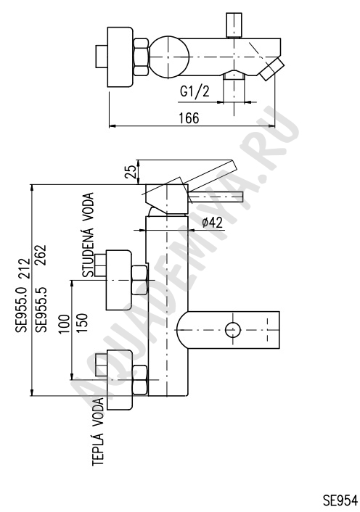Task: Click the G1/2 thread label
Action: click(x=195, y=91)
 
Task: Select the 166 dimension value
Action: click(x=189, y=118)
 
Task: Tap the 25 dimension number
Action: click(x=130, y=171)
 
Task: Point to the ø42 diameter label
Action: click(x=213, y=223)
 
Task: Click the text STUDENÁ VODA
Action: click(x=88, y=235)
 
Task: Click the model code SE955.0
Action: click(x=23, y=310)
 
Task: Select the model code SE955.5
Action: click(x=41, y=310)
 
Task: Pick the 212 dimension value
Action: click(x=23, y=269)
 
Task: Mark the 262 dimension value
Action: click(x=41, y=255)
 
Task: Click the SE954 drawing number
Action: click(x=340, y=500)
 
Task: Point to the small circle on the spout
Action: click(x=233, y=329)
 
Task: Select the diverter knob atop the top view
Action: click(x=234, y=25)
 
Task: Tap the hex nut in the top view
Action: click(x=142, y=57)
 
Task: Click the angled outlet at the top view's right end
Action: click(x=272, y=69)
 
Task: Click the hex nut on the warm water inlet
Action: click(x=139, y=380)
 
